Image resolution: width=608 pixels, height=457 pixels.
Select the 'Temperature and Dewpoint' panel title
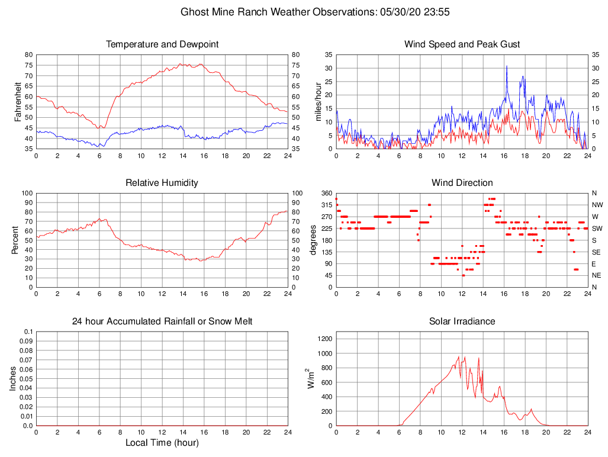(162, 44)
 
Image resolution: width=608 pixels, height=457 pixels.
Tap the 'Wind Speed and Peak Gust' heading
(462, 44)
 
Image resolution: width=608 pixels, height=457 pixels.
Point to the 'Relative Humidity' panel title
(162, 183)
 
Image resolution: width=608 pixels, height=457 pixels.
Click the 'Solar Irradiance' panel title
(462, 321)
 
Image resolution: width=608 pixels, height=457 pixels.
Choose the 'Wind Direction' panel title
(462, 183)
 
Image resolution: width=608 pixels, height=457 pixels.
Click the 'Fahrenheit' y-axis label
(18, 101)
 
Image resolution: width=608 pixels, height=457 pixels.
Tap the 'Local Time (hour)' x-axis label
(162, 443)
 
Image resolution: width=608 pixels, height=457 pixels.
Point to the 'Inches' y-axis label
(13, 378)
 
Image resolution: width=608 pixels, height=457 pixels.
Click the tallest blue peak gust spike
(507, 66)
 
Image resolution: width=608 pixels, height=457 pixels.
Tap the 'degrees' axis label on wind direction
(313, 240)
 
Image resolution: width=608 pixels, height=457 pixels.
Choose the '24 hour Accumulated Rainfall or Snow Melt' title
(162, 321)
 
